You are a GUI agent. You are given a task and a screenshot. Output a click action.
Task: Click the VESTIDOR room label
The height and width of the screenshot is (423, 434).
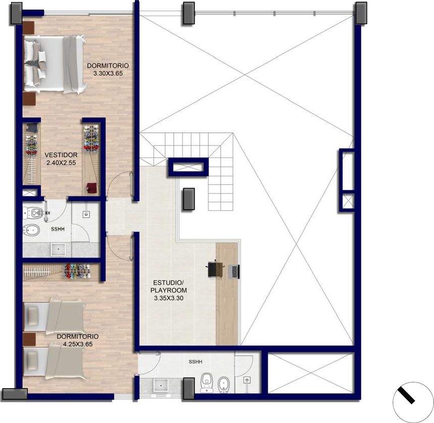click(x=61, y=155)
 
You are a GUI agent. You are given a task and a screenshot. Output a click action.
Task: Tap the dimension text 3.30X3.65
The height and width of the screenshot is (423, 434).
click(x=108, y=73)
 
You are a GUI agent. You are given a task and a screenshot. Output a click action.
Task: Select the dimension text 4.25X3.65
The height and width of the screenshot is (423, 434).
click(x=78, y=344)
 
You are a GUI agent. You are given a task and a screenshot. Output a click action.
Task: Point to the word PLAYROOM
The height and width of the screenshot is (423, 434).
click(x=169, y=290)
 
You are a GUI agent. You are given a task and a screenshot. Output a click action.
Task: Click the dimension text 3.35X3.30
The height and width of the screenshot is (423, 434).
click(x=169, y=298)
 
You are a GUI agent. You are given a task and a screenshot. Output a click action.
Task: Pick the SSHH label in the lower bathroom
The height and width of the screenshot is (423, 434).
click(x=196, y=361)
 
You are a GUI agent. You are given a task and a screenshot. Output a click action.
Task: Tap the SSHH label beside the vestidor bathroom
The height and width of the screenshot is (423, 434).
click(x=58, y=229)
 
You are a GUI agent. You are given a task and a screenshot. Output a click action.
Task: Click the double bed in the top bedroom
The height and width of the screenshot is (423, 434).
click(x=55, y=64)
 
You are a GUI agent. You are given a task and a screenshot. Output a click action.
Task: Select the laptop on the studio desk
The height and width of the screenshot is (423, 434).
click(x=233, y=271)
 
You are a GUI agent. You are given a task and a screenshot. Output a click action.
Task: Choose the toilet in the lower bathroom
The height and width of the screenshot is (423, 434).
click(x=207, y=383)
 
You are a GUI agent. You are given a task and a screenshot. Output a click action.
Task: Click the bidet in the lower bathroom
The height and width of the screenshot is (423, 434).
click(x=223, y=384)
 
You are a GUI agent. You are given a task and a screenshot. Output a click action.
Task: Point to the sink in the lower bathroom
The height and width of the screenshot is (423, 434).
click(x=161, y=386)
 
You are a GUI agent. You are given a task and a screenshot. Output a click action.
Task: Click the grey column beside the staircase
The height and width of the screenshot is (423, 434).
click(x=189, y=199)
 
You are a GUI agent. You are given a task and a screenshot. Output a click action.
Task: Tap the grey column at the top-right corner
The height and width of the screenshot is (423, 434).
click(x=361, y=13)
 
